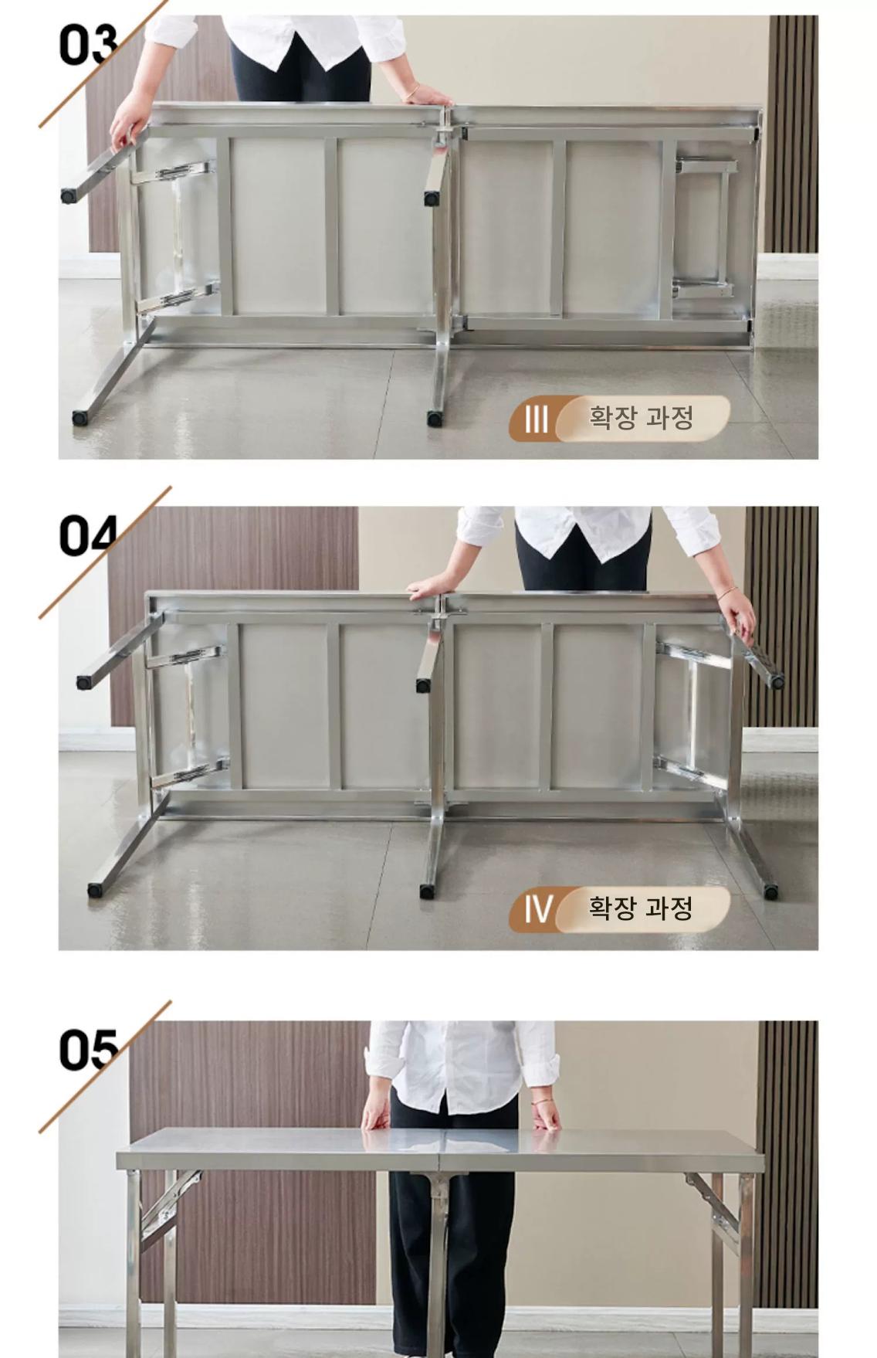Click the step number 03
[x=88, y=45]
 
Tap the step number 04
[x=88, y=535]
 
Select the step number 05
[x=88, y=1049]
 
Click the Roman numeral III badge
[x=536, y=419]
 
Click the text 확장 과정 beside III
[x=641, y=418]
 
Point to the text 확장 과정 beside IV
[x=641, y=908]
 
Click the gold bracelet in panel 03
[x=412, y=93]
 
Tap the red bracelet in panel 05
[x=543, y=1100]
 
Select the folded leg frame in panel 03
[x=704, y=227]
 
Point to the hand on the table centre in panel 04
[x=430, y=588]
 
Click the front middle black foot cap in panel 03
[x=435, y=419]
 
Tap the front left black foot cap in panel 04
[x=95, y=890]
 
